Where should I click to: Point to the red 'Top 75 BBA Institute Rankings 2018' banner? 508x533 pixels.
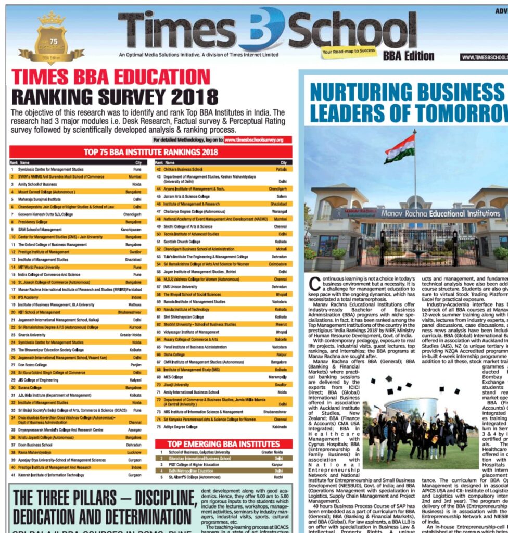(x=151, y=152)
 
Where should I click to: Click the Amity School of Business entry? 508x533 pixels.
(x=38, y=184)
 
